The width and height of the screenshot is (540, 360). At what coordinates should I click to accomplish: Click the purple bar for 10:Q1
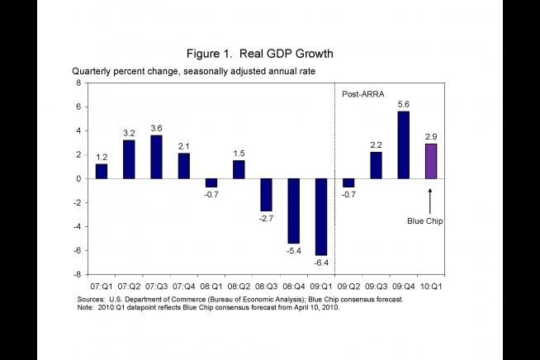pos(430,161)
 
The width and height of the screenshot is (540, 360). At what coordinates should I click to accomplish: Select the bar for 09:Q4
pos(403,144)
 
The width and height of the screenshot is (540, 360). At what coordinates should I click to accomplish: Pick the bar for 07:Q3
pos(156,157)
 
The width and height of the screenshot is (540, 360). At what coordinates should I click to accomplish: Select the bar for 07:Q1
pos(101,171)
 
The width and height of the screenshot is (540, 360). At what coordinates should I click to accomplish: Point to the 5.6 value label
pos(403,104)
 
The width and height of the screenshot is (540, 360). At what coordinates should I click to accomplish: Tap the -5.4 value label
pos(293,250)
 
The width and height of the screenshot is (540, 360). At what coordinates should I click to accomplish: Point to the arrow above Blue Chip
pos(430,201)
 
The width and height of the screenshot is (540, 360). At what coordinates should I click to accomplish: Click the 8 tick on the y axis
pos(78,83)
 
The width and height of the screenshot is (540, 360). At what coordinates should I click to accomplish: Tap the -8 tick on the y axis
pos(77,274)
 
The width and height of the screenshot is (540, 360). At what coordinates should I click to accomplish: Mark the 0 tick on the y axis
pos(78,178)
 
